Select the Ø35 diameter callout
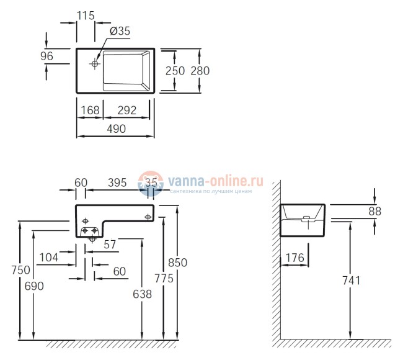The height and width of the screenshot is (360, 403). coord(120,32)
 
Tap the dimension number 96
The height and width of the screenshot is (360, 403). coord(46,56)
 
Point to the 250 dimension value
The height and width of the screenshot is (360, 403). coord(176,71)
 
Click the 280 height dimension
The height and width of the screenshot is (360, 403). coord(200,71)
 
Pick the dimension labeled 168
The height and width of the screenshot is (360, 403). coord(90,110)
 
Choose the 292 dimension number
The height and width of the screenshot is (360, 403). coord(126,110)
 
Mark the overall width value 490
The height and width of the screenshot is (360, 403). coord(115,128)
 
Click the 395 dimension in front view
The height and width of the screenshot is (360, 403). coord(117,182)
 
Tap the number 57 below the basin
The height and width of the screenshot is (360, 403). coord(110,245)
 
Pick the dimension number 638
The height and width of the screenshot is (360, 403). coord(142,295)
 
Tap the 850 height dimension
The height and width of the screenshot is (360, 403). coord(177,263)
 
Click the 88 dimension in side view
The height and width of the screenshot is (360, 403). coord(374,211)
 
